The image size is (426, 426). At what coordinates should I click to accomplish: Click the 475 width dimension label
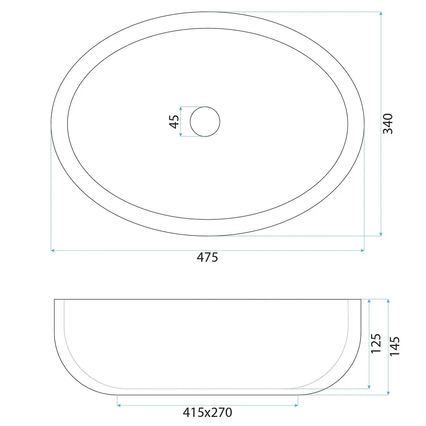point(207,257)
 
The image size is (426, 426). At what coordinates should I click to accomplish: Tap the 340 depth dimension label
point(388,123)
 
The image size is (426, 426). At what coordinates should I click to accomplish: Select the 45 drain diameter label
point(174,121)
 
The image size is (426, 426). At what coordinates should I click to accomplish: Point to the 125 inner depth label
point(376,344)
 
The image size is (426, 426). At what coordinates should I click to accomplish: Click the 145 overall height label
point(394,346)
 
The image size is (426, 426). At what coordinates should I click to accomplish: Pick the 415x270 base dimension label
point(207,413)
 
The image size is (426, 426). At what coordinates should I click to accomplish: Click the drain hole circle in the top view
point(205,107)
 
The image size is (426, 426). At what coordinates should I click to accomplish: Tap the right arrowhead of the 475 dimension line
point(362,250)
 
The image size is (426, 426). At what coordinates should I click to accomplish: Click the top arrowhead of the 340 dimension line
point(381,13)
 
